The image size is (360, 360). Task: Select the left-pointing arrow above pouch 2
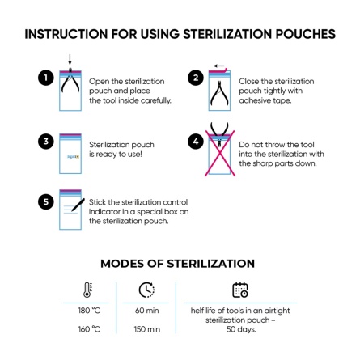[x=218, y=64]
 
